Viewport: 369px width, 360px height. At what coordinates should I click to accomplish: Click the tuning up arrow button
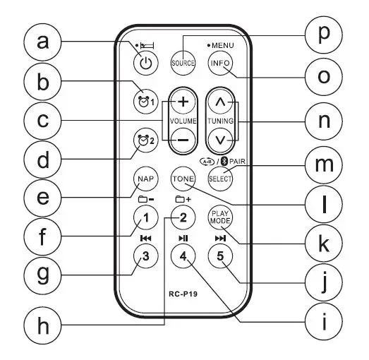pyautogui.click(x=221, y=103)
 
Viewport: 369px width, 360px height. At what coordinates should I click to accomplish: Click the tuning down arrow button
pyautogui.click(x=221, y=139)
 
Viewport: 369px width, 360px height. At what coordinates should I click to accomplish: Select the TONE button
pyautogui.click(x=182, y=179)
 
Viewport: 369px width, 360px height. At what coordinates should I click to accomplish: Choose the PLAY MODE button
pyautogui.click(x=220, y=217)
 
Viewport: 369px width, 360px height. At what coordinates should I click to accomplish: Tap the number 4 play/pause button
pyautogui.click(x=182, y=256)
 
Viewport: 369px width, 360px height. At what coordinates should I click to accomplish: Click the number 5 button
pyautogui.click(x=220, y=256)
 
